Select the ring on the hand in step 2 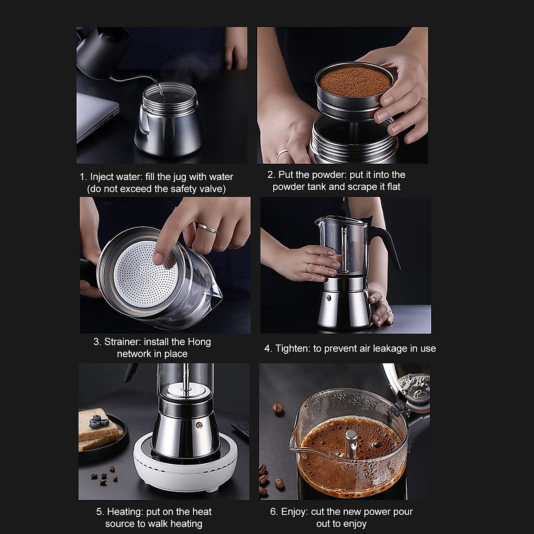283,154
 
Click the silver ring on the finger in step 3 207,229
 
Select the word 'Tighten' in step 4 292,348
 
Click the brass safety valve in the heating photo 199,425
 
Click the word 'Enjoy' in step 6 294,512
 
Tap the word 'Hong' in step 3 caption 199,342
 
